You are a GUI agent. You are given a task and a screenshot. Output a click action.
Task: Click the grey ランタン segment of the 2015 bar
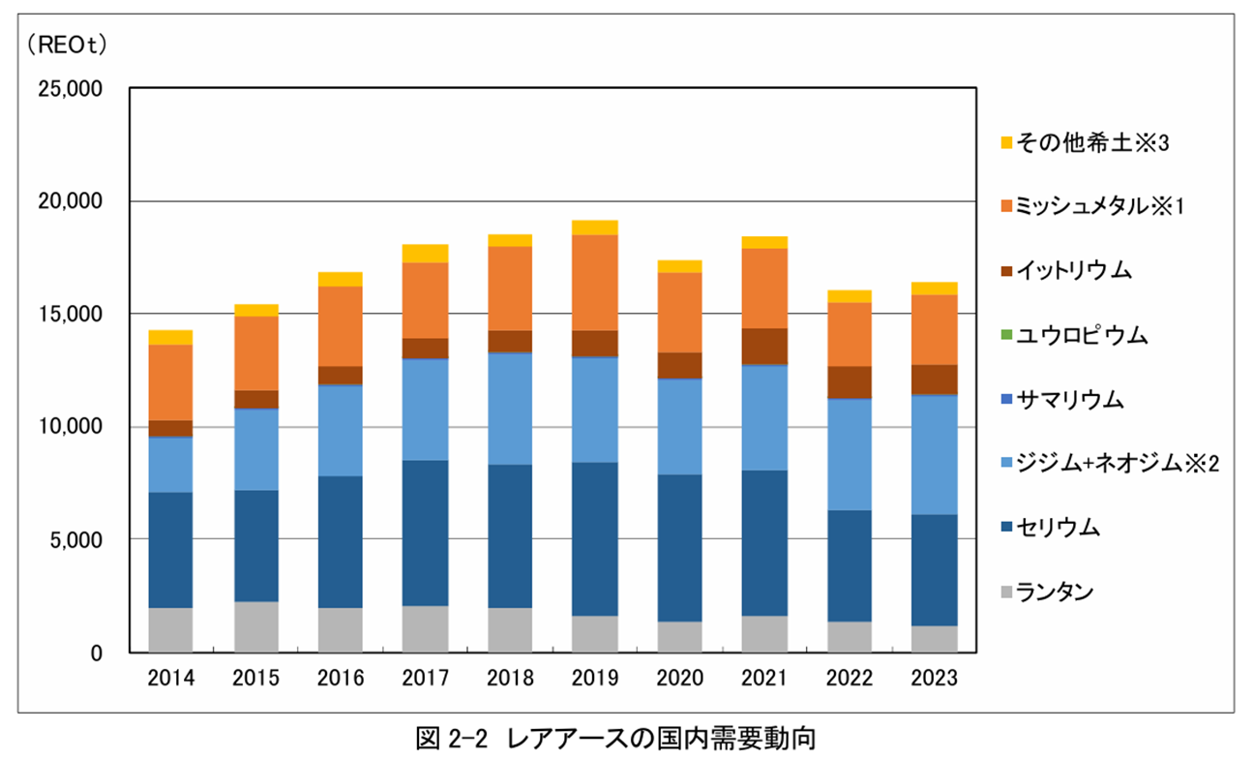256,626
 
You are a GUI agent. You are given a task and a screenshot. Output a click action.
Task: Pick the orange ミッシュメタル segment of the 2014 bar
171,382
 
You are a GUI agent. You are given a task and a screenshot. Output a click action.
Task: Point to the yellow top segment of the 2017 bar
427,254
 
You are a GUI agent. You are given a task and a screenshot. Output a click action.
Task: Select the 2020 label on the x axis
681,679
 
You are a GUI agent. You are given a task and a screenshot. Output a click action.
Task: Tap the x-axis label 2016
341,679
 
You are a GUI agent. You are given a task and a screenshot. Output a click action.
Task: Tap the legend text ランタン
1056,592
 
